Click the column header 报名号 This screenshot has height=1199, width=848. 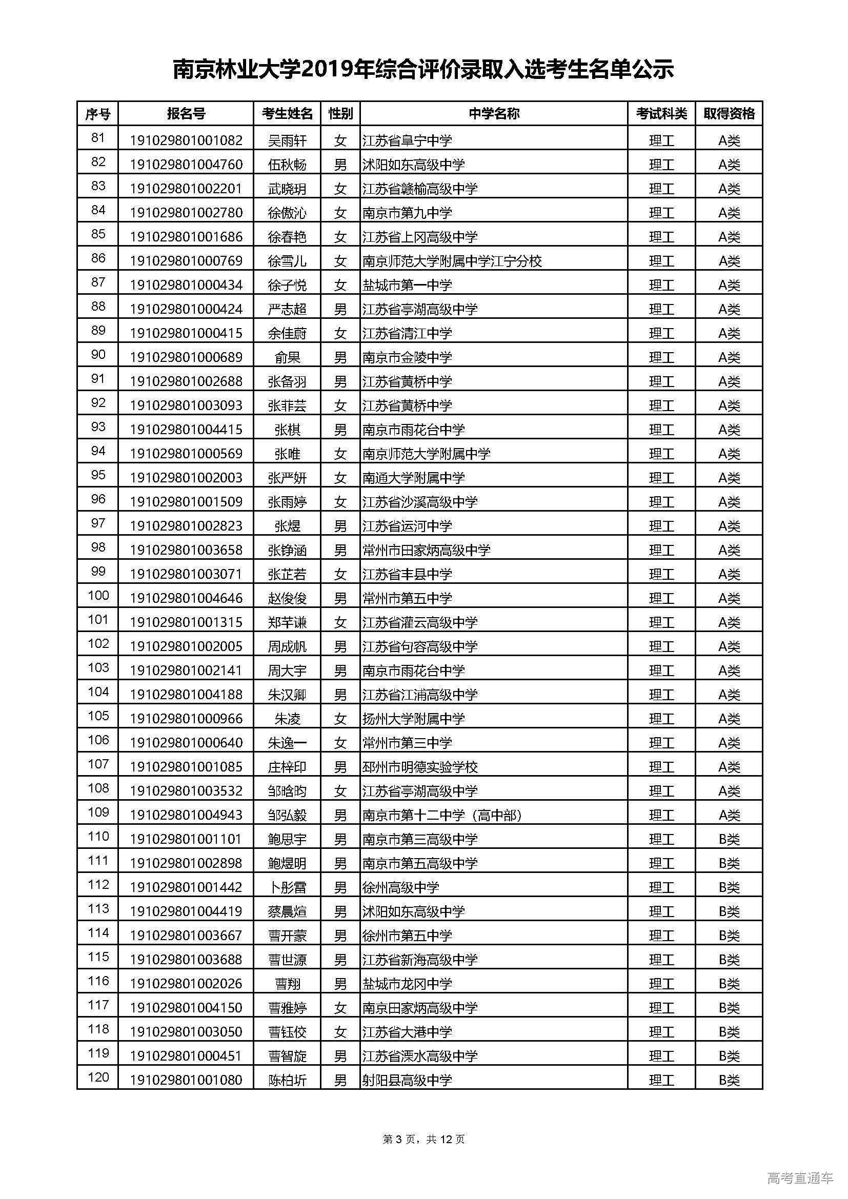pyautogui.click(x=186, y=113)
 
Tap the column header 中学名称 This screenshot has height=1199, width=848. pyautogui.click(x=493, y=113)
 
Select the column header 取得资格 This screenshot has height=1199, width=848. pyautogui.click(x=729, y=113)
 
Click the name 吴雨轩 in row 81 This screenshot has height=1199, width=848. pyautogui.click(x=287, y=140)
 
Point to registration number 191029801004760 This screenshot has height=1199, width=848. pyautogui.click(x=186, y=165)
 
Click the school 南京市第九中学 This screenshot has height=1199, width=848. pyautogui.click(x=407, y=213)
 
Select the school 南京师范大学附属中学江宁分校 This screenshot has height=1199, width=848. pyautogui.click(x=452, y=260)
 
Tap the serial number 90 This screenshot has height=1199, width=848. pyautogui.click(x=98, y=355)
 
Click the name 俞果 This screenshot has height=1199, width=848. pyautogui.click(x=287, y=357)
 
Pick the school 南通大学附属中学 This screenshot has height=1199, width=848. pyautogui.click(x=414, y=477)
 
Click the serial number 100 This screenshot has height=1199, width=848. pyautogui.click(x=98, y=596)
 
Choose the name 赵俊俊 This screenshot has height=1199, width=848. pyautogui.click(x=287, y=598)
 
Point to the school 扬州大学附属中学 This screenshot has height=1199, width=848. pyautogui.click(x=414, y=719)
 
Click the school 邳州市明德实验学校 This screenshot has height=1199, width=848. pyautogui.click(x=420, y=766)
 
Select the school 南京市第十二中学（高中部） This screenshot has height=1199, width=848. pyautogui.click(x=442, y=815)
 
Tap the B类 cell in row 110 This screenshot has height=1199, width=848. pyautogui.click(x=729, y=839)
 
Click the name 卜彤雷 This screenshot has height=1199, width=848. pyautogui.click(x=287, y=887)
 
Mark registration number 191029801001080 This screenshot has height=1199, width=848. pyautogui.click(x=186, y=1080)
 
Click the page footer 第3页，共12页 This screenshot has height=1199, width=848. pyautogui.click(x=423, y=1139)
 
